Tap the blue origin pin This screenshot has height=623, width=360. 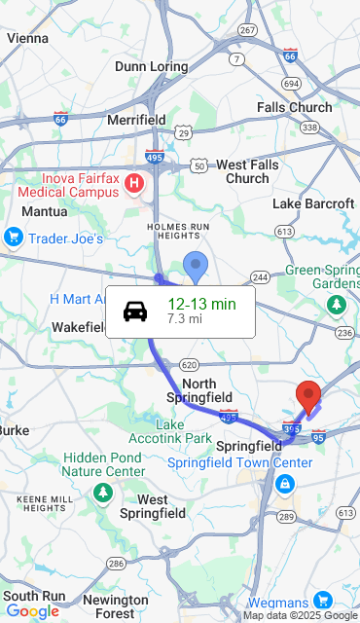196,265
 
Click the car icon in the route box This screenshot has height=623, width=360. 135,311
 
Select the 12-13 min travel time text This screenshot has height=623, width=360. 201,304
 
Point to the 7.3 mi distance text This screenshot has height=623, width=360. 185,318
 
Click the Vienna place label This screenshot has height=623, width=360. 27,38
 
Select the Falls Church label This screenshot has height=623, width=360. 294,107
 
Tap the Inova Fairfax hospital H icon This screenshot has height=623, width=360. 135,182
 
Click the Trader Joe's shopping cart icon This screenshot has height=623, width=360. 14,237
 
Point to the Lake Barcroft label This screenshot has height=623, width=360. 313,203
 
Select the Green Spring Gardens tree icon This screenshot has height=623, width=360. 337,305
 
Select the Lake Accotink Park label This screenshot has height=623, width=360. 184,431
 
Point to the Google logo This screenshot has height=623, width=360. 32,611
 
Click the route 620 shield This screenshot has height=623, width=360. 190,365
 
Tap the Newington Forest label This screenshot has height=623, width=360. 115,606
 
